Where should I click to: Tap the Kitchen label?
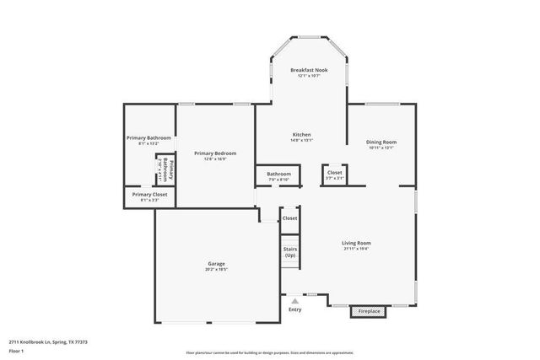(302, 135)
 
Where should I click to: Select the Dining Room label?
(381, 142)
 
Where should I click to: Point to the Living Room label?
(357, 243)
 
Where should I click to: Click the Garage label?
(217, 264)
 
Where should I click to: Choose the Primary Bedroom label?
(215, 153)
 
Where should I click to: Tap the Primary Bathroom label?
(148, 137)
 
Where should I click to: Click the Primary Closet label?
(148, 195)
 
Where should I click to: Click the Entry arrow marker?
(294, 300)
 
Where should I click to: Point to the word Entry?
(294, 309)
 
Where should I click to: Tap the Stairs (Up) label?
(290, 251)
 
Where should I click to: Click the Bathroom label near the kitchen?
(278, 175)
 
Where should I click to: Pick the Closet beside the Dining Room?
(335, 173)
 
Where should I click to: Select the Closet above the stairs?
(289, 218)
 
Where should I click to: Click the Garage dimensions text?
(217, 269)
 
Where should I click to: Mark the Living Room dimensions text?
(357, 249)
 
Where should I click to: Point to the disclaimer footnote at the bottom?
(270, 352)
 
